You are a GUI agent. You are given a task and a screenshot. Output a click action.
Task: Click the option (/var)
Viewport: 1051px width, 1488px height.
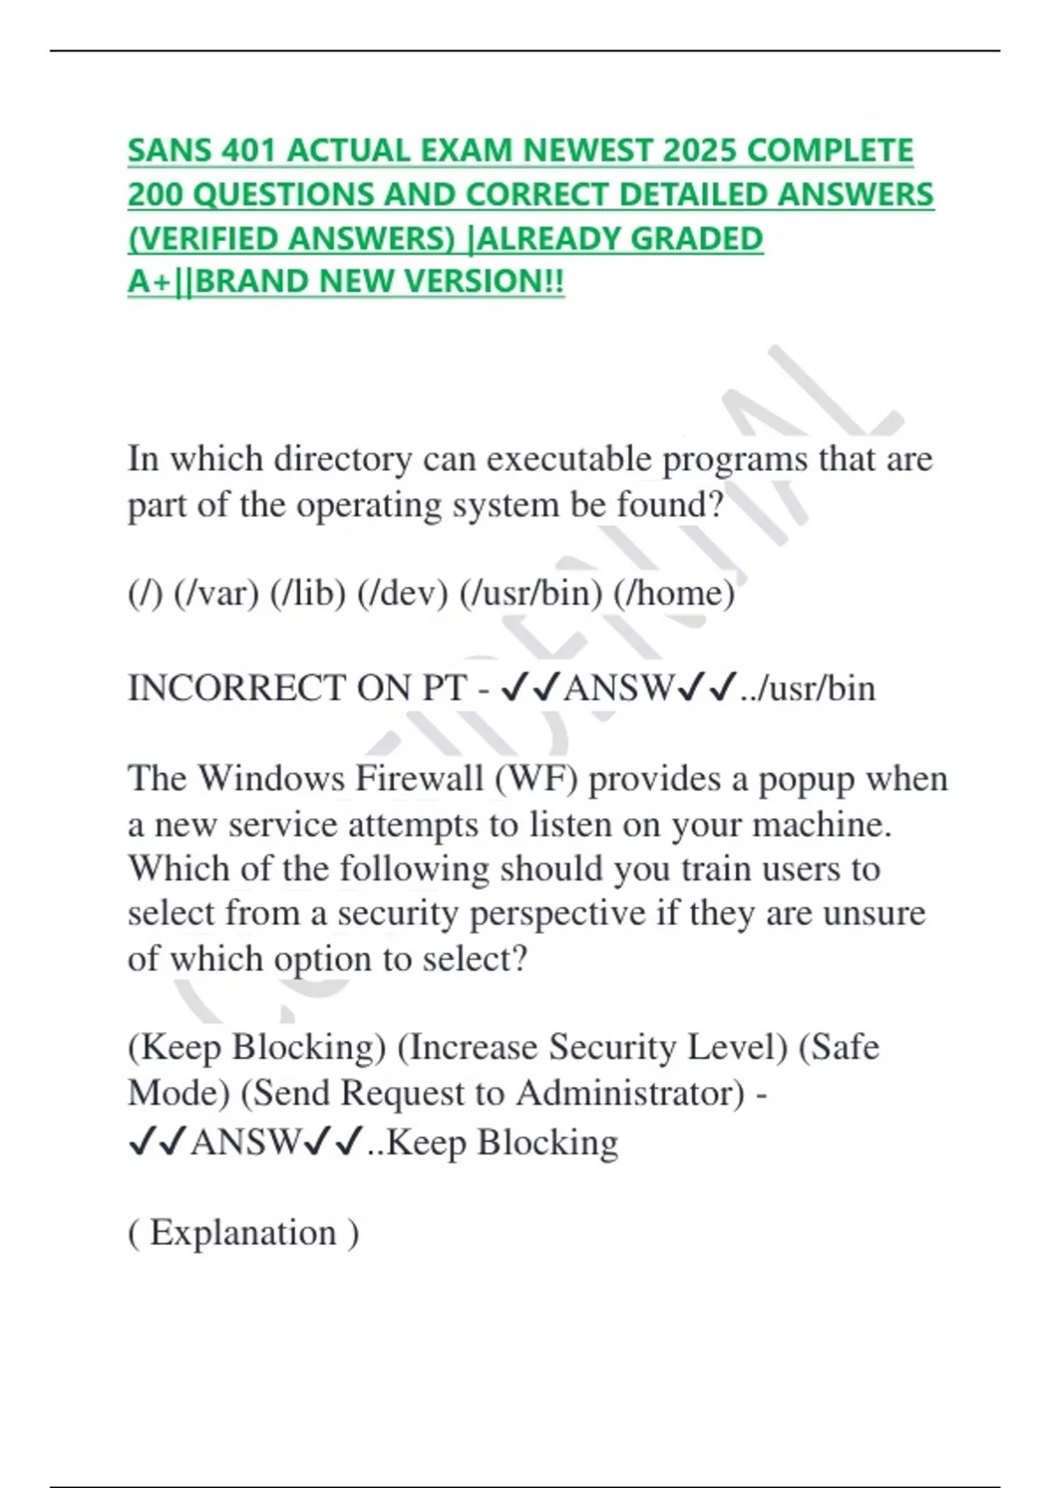[x=216, y=593]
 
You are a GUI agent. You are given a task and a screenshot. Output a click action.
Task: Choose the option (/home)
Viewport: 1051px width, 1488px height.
[x=674, y=593]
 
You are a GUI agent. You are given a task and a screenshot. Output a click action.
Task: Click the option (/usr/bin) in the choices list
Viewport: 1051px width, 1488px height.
[x=532, y=593]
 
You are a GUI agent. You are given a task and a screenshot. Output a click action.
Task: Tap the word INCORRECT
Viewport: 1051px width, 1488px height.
[x=236, y=688]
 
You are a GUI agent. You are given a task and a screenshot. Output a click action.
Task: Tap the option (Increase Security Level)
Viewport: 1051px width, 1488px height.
[x=593, y=1047]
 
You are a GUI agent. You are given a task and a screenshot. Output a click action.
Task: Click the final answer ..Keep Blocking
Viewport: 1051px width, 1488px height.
[x=493, y=1142]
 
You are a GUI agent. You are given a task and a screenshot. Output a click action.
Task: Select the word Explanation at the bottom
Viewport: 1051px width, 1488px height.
[x=243, y=1232]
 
